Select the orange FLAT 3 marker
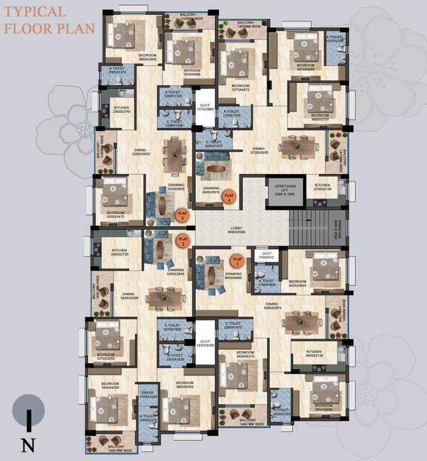(182, 214)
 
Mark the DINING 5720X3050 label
(259, 150)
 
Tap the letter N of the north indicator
(27, 445)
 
